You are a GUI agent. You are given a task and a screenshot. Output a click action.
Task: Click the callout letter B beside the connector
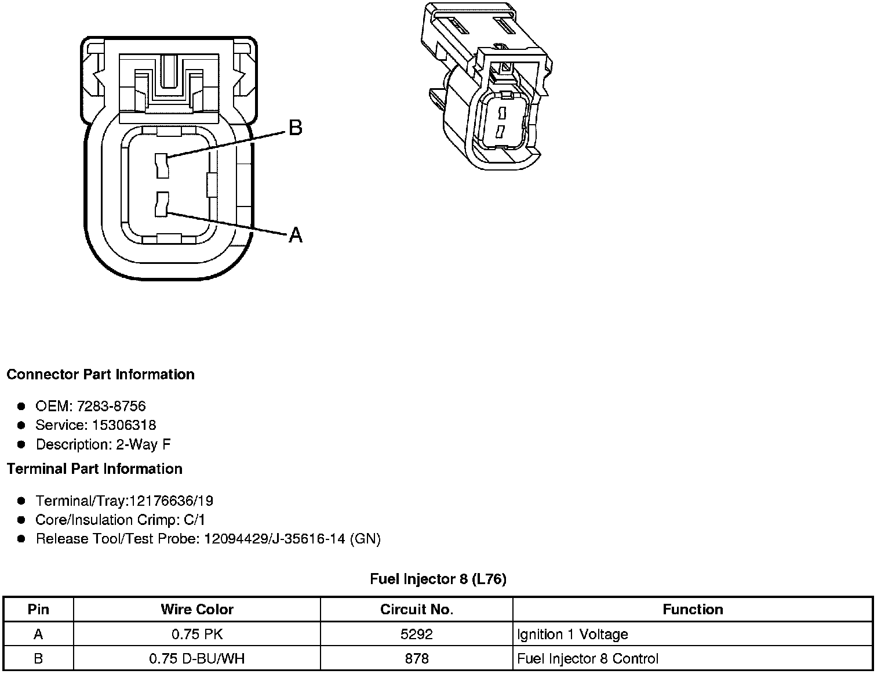click(x=295, y=128)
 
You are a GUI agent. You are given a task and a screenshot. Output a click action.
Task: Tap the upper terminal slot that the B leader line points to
click(x=161, y=166)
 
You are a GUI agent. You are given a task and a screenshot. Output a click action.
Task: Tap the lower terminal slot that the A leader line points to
click(x=161, y=204)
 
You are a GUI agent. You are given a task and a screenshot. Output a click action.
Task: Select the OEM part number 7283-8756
click(x=115, y=406)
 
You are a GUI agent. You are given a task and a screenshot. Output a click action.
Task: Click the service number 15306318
click(x=124, y=425)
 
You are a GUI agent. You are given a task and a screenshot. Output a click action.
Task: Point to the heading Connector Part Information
click(x=100, y=375)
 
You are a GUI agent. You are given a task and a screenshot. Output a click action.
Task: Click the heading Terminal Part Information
click(x=94, y=469)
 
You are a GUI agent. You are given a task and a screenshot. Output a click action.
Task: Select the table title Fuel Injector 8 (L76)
click(x=438, y=579)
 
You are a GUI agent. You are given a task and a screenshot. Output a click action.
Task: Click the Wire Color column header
click(x=197, y=610)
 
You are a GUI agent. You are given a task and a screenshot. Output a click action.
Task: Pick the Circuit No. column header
click(x=416, y=610)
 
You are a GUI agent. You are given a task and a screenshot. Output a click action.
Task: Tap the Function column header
click(x=693, y=610)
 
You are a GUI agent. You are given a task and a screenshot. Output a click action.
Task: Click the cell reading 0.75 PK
click(x=197, y=635)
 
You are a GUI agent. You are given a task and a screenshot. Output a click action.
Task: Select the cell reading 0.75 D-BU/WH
click(x=197, y=659)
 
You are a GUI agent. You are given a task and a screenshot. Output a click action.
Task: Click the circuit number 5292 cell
click(x=416, y=635)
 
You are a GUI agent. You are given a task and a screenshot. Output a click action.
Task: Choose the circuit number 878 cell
click(x=416, y=659)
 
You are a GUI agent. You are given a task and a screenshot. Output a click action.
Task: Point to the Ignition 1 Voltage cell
click(x=573, y=635)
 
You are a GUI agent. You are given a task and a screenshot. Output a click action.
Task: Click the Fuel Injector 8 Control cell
click(x=588, y=659)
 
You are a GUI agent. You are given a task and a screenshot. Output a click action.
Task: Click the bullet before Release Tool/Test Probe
click(x=21, y=539)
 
